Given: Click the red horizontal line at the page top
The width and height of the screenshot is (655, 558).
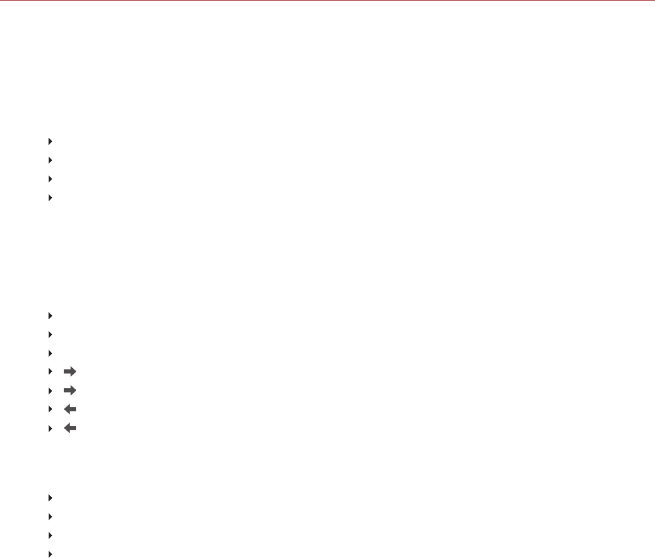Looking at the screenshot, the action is pos(327,1).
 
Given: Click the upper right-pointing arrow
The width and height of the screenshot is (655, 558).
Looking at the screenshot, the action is pos(70,372).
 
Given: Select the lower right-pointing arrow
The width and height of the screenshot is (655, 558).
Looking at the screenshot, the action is pos(70,390).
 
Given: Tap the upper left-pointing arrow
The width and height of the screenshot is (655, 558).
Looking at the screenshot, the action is pos(70,409).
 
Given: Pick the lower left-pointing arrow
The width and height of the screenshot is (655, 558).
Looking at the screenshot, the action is pos(70,428).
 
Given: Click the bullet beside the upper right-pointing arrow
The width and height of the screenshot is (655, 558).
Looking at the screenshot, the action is pos(50,372).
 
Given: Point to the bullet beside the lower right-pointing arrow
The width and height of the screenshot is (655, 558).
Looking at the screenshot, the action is pos(50,390).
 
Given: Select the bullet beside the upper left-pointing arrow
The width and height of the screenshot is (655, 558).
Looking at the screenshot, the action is pos(50,409).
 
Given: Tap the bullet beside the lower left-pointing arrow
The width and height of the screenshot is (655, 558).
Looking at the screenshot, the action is pos(50,428).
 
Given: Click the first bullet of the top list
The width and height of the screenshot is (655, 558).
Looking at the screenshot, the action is pos(50,140).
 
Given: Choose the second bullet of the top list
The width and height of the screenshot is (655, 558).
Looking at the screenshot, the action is pos(50,160).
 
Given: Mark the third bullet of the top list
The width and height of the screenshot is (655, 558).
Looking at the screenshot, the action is pos(50,179).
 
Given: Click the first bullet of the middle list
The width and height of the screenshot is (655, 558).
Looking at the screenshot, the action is pos(50,315).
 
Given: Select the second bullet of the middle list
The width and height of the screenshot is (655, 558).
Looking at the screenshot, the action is pos(50,334).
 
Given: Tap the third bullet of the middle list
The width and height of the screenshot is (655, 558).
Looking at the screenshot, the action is pos(50,353).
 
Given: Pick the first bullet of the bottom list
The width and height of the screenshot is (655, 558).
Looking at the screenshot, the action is pos(50,498).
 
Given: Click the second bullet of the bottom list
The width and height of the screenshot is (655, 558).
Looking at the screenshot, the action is pos(50,516).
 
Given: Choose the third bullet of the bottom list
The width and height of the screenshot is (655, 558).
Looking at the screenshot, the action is pos(50,536).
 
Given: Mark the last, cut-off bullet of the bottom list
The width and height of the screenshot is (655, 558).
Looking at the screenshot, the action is pos(50,554).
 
